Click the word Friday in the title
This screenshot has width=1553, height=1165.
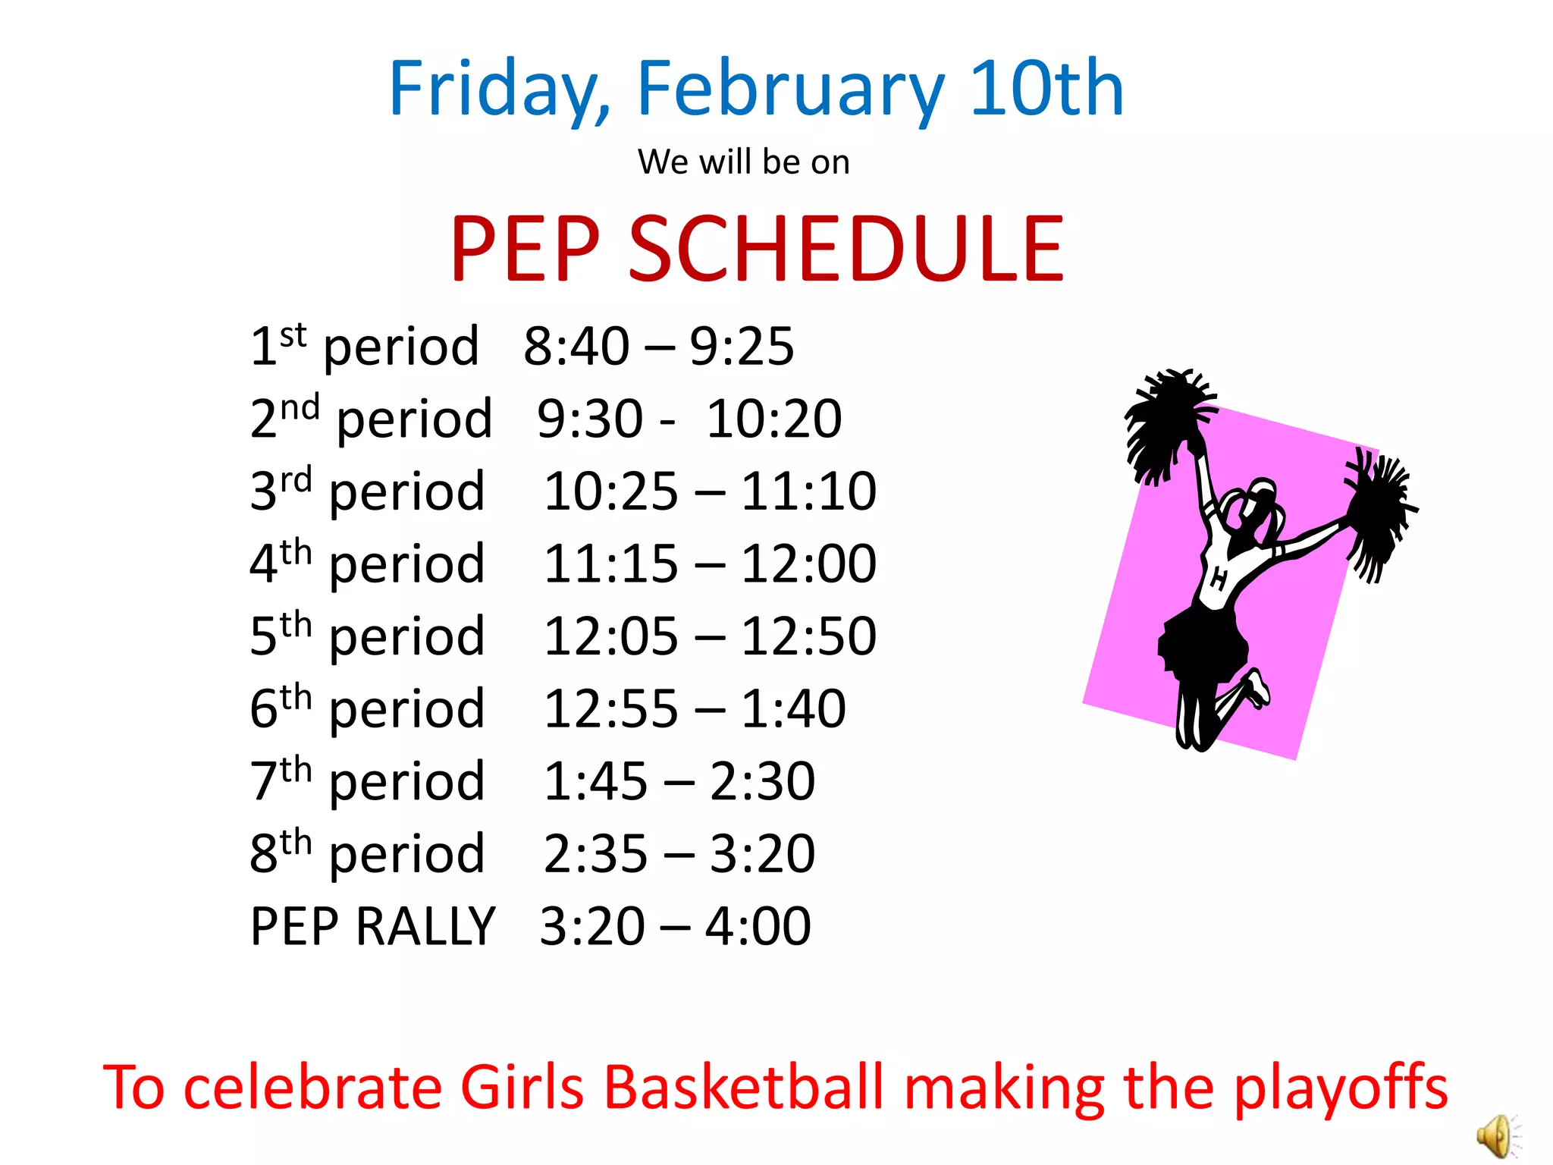[x=493, y=89]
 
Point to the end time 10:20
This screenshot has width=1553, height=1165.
[x=773, y=419]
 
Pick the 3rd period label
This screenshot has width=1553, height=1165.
[x=367, y=491]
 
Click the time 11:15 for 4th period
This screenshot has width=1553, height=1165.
[x=610, y=564]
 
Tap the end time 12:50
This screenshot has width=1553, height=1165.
[x=808, y=636]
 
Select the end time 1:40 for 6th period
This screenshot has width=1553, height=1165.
[x=792, y=708]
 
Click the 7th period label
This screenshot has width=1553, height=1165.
[x=367, y=781]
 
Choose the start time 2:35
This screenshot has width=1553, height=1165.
[x=595, y=854]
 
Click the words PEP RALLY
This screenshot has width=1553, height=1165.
[x=372, y=927]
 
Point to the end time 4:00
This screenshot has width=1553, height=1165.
[x=758, y=927]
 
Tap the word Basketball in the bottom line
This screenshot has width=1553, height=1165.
[x=744, y=1087]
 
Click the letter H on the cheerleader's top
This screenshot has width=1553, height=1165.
[x=1218, y=579]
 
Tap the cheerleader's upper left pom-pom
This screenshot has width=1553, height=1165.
[x=1167, y=421]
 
